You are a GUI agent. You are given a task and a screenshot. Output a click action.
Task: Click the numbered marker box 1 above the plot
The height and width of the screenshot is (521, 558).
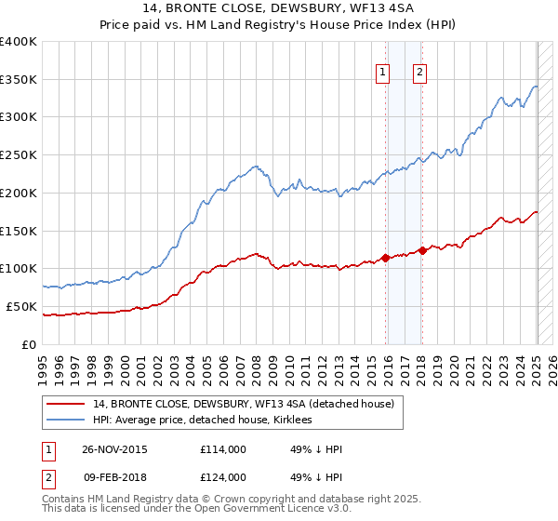(x=383, y=73)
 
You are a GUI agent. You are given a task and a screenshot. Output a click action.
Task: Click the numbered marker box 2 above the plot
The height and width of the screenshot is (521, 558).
(x=419, y=73)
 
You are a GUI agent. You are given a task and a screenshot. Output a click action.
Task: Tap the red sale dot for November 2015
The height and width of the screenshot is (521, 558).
(x=385, y=258)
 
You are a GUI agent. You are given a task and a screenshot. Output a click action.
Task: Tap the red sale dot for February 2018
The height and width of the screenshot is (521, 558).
(x=422, y=249)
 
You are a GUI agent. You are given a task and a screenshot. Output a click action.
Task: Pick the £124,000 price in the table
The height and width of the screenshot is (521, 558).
(x=222, y=477)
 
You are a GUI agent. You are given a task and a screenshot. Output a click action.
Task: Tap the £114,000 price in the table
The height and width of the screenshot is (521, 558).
(x=222, y=449)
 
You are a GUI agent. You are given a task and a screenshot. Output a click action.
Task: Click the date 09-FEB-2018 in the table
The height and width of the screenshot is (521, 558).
(x=113, y=477)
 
